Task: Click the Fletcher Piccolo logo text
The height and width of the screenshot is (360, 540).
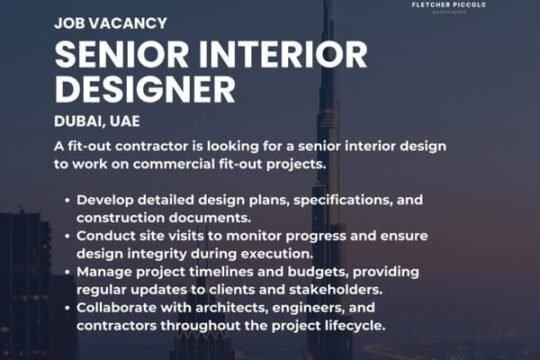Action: tap(449, 5)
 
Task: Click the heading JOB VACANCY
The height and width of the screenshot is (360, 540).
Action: tap(111, 23)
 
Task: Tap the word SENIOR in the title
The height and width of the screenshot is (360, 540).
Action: tap(122, 55)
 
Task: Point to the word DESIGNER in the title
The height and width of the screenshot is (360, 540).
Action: tap(145, 90)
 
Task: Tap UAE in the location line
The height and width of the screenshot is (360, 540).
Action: tap(125, 121)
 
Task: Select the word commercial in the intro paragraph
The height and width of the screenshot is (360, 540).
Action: tap(174, 164)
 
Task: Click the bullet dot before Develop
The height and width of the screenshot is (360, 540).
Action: tap(67, 200)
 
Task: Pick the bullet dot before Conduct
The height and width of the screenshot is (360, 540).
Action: tap(67, 237)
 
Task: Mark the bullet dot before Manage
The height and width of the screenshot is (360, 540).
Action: tap(67, 272)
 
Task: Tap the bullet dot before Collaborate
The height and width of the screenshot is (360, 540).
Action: tap(67, 308)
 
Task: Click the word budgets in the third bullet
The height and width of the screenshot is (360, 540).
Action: tap(317, 272)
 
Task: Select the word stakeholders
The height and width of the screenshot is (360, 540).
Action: tap(336, 290)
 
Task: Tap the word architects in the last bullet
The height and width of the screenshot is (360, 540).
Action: tap(232, 308)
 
